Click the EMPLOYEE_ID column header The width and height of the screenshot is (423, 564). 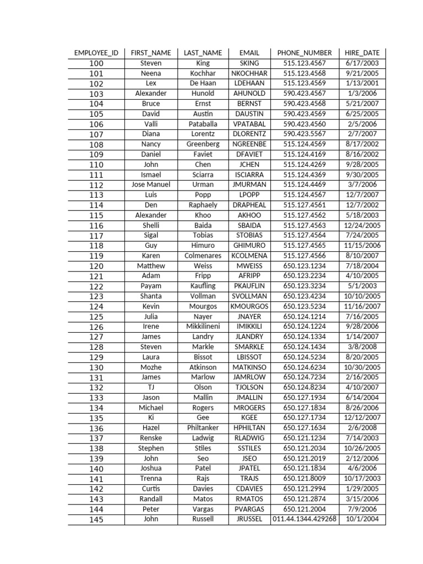point(96,53)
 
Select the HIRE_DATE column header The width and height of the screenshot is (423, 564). point(362,53)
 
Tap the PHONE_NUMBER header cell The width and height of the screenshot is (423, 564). point(305,53)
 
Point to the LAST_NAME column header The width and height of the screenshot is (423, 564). point(203,53)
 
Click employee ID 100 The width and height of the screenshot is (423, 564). point(96,63)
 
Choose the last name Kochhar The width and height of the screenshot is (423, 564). point(203,73)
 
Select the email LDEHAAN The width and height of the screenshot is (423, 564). point(250,83)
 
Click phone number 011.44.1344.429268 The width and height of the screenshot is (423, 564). point(305,519)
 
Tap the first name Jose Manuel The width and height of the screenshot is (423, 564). point(151,185)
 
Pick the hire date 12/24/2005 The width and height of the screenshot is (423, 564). point(362,225)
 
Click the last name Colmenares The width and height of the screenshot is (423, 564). point(203,256)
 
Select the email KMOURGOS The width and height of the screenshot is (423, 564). point(250,306)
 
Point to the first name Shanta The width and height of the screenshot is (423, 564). point(151,296)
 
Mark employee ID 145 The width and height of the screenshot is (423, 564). point(96,519)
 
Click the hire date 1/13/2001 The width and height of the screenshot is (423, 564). point(362,83)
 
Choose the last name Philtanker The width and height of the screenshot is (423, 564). point(203,428)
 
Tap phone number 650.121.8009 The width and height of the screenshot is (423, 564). point(305,479)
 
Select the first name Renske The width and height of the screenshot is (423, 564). point(151,438)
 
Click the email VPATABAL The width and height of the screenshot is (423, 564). point(250,124)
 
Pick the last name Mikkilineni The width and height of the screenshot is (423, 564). point(203,326)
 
